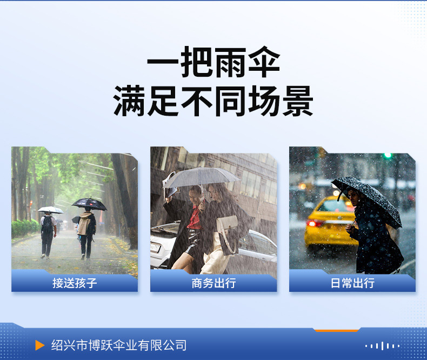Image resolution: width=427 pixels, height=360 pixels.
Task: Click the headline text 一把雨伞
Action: pos(213,62)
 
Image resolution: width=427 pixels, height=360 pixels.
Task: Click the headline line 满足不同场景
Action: pos(213,101)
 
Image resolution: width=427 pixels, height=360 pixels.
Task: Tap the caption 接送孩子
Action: pos(75,283)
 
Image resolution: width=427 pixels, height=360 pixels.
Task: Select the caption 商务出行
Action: pos(214,283)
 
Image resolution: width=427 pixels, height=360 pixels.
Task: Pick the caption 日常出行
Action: pos(352,283)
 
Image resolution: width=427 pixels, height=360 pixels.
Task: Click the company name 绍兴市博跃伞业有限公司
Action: pos(119,345)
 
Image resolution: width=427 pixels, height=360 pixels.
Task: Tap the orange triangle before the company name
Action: pos(40,345)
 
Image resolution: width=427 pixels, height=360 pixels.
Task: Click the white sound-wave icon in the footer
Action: pos(382,346)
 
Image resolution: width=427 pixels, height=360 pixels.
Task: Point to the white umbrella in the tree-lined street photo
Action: pos(51,210)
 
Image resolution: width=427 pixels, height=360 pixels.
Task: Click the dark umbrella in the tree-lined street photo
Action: pos(89,204)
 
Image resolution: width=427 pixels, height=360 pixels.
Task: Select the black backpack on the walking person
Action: pos(48,225)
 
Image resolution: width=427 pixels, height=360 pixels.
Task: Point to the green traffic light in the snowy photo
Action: pos(388,156)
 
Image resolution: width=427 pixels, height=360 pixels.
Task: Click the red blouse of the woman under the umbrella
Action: pos(195,218)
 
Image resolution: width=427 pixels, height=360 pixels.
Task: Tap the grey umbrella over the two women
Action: pos(201,177)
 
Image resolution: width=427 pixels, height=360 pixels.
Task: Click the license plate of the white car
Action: pos(155,248)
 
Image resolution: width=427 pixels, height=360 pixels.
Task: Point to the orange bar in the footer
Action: pos(337,331)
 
